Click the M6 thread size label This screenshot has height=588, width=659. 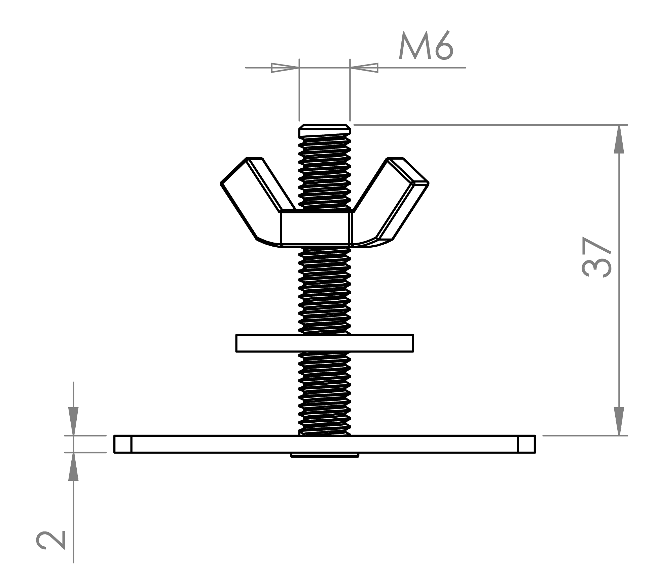(426, 46)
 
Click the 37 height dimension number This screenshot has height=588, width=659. (596, 257)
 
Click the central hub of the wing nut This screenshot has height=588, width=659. (317, 228)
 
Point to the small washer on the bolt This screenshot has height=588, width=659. (325, 343)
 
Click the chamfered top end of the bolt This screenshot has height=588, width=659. (325, 130)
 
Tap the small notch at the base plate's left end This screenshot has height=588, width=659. (123, 444)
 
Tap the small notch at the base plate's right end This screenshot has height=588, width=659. (526, 444)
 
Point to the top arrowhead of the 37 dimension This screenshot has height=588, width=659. (619, 139)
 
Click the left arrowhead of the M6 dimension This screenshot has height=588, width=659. (285, 68)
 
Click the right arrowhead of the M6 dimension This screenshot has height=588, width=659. (364, 68)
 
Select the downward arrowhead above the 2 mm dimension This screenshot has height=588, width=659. (73, 421)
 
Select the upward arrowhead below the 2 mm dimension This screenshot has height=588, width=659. (73, 467)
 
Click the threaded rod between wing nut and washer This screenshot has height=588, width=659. (325, 291)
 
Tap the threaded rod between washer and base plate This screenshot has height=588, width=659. (325, 393)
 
